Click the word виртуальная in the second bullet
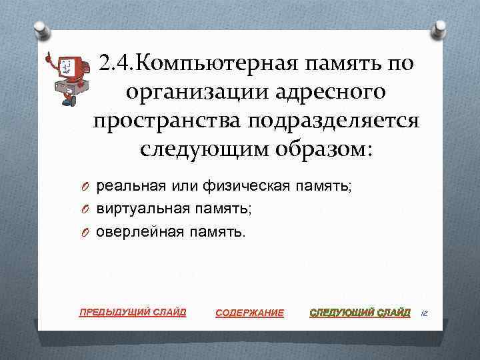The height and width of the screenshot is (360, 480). pos(137,209)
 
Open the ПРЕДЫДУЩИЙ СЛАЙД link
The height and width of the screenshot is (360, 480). pos(133,311)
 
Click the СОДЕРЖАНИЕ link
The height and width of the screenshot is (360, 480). pos(250,313)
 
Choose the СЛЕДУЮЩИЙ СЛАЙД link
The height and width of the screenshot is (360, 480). pos(361,312)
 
